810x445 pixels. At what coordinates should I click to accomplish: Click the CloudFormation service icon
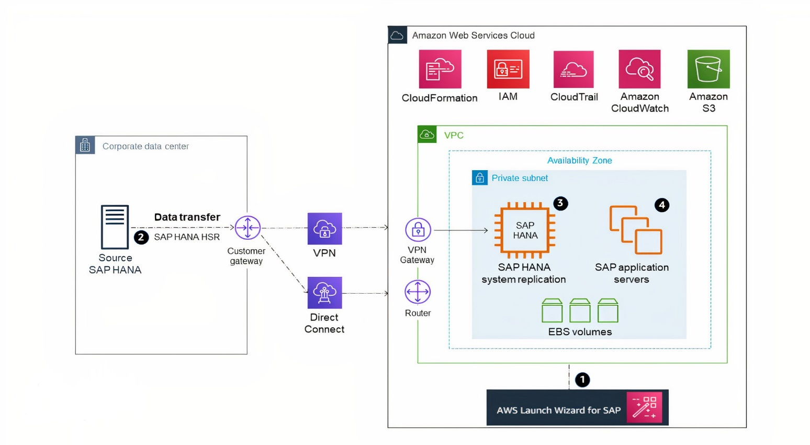click(x=440, y=69)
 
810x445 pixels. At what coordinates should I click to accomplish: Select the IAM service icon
click(x=508, y=69)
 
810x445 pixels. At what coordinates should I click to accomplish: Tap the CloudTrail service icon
click(x=573, y=69)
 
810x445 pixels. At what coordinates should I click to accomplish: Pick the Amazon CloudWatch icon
click(x=639, y=69)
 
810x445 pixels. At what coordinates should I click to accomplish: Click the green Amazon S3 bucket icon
click(x=708, y=69)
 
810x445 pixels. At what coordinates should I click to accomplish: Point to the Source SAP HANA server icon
click(x=115, y=227)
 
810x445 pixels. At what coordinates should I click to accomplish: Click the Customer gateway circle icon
click(x=248, y=228)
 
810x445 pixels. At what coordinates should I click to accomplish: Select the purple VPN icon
click(x=324, y=229)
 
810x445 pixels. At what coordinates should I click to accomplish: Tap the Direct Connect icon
click(x=324, y=293)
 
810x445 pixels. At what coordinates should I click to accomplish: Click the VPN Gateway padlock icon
click(x=418, y=230)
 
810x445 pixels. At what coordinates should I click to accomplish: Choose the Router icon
click(x=418, y=292)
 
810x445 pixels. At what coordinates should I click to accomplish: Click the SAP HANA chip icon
click(x=525, y=230)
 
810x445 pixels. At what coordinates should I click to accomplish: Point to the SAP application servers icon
click(x=635, y=230)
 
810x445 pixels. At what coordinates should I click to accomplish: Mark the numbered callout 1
click(x=582, y=380)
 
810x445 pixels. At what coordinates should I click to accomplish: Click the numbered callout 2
click(x=141, y=237)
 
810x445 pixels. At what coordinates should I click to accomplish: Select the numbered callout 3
click(x=560, y=203)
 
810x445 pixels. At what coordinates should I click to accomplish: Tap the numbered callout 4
click(x=662, y=205)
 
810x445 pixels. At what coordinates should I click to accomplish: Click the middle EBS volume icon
click(x=580, y=310)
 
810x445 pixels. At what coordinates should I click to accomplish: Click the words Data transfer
click(x=187, y=217)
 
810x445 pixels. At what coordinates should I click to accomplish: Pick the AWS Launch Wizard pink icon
click(x=644, y=407)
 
